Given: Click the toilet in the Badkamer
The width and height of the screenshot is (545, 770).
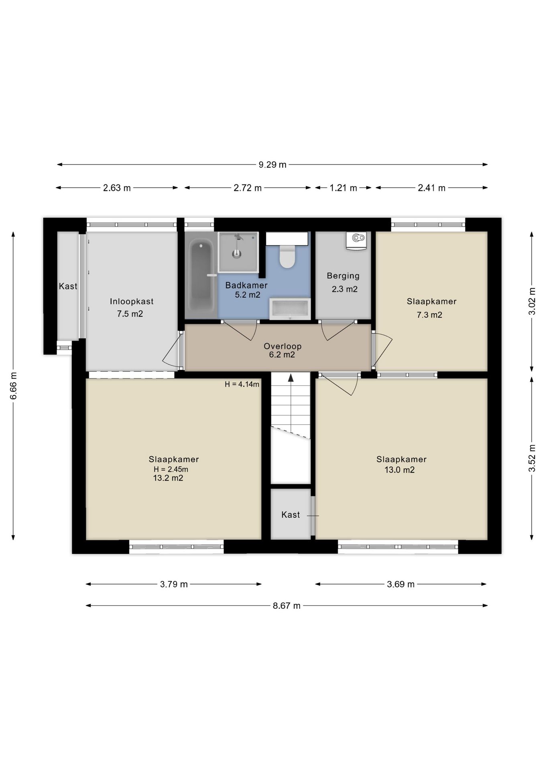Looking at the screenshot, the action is [x=287, y=257].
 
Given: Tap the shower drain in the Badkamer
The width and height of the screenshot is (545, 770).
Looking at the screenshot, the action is [x=237, y=253].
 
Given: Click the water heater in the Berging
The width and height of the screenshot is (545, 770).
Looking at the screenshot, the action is [x=357, y=241].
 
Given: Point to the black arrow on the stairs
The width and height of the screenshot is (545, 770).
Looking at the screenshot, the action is [x=291, y=378].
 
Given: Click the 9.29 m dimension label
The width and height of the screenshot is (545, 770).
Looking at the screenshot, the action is [x=272, y=164].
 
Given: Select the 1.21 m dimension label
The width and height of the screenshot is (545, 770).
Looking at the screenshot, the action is [x=343, y=188].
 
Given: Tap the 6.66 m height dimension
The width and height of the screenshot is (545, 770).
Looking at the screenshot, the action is [x=13, y=385].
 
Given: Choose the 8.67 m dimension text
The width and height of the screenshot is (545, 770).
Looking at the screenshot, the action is [x=287, y=606].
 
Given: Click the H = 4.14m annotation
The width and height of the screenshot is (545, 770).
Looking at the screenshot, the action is [x=242, y=384].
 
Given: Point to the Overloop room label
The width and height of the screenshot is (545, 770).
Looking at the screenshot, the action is [x=283, y=346].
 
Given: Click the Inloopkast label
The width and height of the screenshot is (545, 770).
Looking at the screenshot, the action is [x=132, y=302].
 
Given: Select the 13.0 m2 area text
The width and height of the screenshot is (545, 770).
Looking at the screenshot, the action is [x=400, y=470].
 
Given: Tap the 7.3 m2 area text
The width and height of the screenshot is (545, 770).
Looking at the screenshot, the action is [x=429, y=315].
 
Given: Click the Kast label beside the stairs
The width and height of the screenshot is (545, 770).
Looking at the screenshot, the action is [x=291, y=515].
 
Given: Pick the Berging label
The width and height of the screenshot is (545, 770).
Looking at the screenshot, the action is [x=343, y=276].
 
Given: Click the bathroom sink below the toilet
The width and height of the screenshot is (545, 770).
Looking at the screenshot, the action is [x=290, y=309].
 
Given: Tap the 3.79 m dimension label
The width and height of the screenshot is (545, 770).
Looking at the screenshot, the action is [x=174, y=584].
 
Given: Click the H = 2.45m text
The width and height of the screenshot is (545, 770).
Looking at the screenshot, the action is [x=171, y=469].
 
